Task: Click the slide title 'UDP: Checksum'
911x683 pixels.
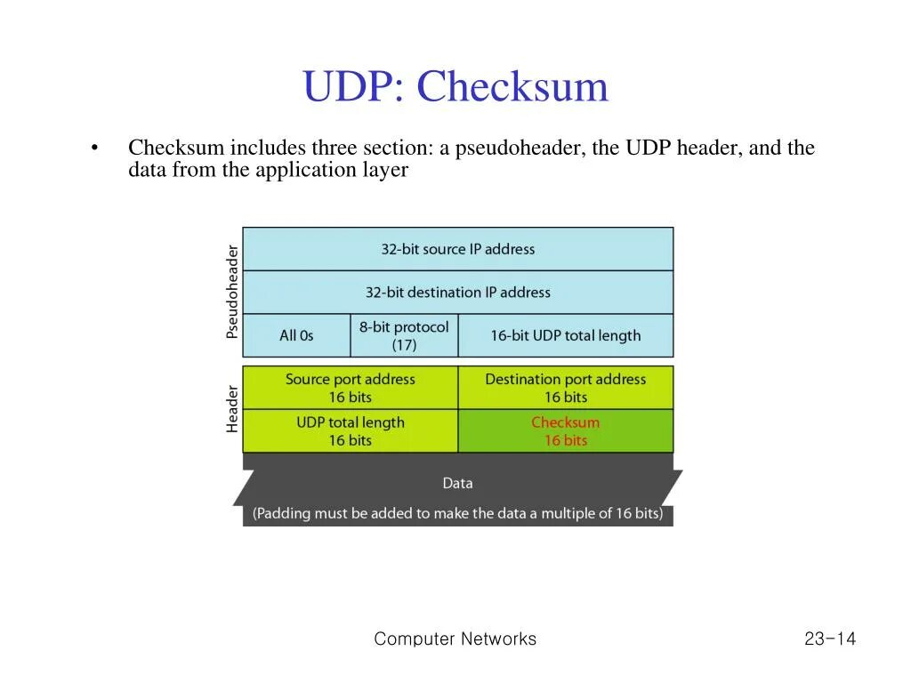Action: [x=455, y=87]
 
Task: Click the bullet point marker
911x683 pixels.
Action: [x=93, y=149]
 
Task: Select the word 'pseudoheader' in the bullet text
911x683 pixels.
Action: [x=519, y=148]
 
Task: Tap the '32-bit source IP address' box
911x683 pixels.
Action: [x=458, y=249]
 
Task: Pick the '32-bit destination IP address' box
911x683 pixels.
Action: [x=458, y=292]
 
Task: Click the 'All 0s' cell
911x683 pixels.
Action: [x=296, y=335]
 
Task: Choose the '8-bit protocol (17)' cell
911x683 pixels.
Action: [x=404, y=335]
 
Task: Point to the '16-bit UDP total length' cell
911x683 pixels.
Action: [x=565, y=335]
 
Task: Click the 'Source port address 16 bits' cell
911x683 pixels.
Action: [x=350, y=388]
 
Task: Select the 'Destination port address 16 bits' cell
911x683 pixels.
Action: [x=565, y=388]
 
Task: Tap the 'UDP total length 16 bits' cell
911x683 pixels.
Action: [x=350, y=431]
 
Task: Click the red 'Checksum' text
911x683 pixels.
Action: [x=565, y=422]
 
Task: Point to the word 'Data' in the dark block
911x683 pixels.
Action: [x=457, y=483]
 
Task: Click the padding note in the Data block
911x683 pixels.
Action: [x=457, y=513]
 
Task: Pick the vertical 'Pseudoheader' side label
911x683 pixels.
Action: [x=232, y=292]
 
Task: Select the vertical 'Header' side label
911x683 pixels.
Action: [x=232, y=409]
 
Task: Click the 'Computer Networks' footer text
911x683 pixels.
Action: [x=455, y=639]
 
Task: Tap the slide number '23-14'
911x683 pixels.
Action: [x=829, y=639]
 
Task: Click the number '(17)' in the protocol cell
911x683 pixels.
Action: [x=404, y=344]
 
